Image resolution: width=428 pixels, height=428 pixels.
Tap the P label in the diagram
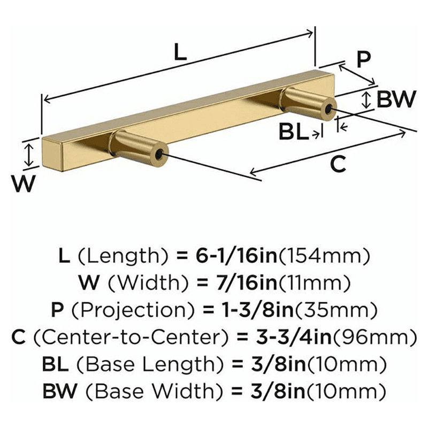click(x=364, y=59)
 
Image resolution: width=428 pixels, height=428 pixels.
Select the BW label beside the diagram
click(x=396, y=99)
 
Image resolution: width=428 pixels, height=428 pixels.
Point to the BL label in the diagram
click(x=293, y=132)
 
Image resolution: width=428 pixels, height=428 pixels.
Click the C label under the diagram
click(x=338, y=164)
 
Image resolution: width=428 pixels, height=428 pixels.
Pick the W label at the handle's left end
click(x=24, y=183)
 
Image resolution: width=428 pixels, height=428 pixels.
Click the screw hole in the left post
click(x=158, y=155)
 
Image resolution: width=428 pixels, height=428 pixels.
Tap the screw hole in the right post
click(x=328, y=109)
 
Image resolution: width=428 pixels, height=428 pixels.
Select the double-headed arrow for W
click(x=29, y=155)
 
